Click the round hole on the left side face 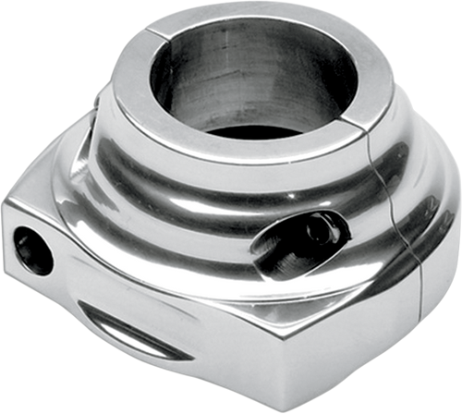point(34,250)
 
